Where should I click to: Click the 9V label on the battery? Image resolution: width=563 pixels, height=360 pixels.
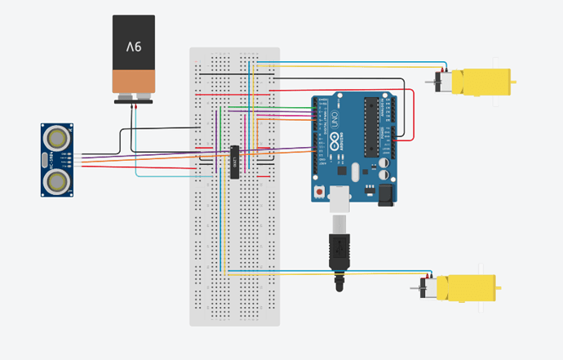[x=133, y=47]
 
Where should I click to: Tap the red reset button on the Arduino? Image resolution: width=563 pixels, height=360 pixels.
[x=320, y=190]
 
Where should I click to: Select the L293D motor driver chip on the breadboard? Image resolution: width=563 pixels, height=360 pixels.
[x=234, y=162]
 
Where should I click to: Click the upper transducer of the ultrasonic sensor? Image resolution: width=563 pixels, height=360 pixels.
[x=56, y=136]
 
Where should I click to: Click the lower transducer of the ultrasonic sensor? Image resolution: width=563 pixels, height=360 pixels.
[x=56, y=183]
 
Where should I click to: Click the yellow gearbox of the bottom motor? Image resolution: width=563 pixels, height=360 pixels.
[x=466, y=288]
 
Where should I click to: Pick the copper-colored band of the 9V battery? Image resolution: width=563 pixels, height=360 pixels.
[x=133, y=82]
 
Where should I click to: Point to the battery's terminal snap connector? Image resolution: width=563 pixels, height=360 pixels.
[x=133, y=100]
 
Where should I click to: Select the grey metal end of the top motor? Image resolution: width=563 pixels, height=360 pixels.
[x=445, y=82]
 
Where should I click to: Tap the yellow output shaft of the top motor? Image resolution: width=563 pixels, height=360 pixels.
[x=513, y=82]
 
